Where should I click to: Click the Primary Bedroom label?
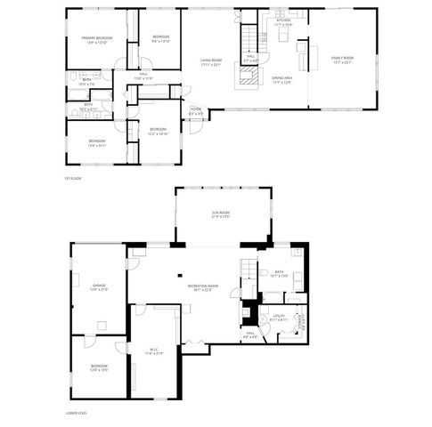98,40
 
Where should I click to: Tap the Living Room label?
210,62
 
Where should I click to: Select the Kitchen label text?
283,23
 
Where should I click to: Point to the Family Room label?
342,60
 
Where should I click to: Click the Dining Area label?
282,81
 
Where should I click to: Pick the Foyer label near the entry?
196,112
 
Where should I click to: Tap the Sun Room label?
221,214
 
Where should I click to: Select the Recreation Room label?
204,286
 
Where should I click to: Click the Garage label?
98,286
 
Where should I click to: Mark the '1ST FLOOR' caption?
73,179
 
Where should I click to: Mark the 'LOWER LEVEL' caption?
77,413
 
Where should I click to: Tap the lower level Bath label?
280,273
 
